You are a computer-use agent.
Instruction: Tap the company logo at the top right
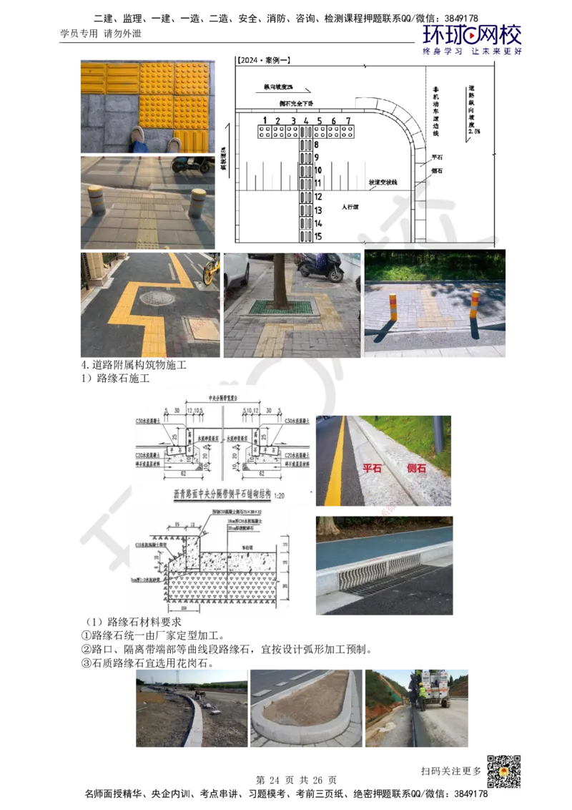click(x=473, y=39)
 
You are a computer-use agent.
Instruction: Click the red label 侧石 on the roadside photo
click(x=417, y=469)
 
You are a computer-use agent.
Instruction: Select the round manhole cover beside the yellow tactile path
click(x=156, y=298)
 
